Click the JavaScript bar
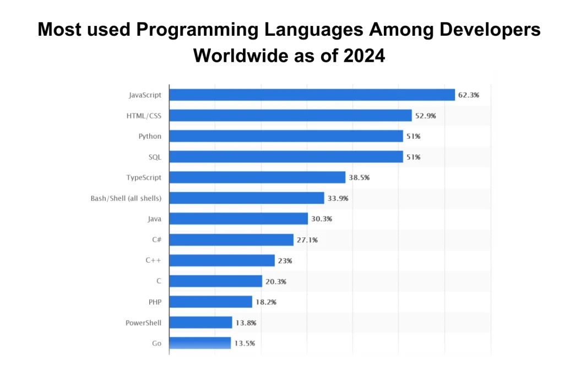[312, 95]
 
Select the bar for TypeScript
[257, 177]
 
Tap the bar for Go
[200, 343]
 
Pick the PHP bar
[210, 302]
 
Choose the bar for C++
[222, 260]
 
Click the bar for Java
[238, 219]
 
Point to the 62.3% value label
[468, 95]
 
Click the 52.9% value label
[426, 116]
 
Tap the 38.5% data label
[359, 177]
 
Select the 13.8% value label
[246, 323]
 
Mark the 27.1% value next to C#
[307, 239]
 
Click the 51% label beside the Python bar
[413, 136]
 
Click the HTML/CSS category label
[144, 116]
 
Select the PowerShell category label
[143, 323]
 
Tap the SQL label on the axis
[155, 157]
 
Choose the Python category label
[150, 136]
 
